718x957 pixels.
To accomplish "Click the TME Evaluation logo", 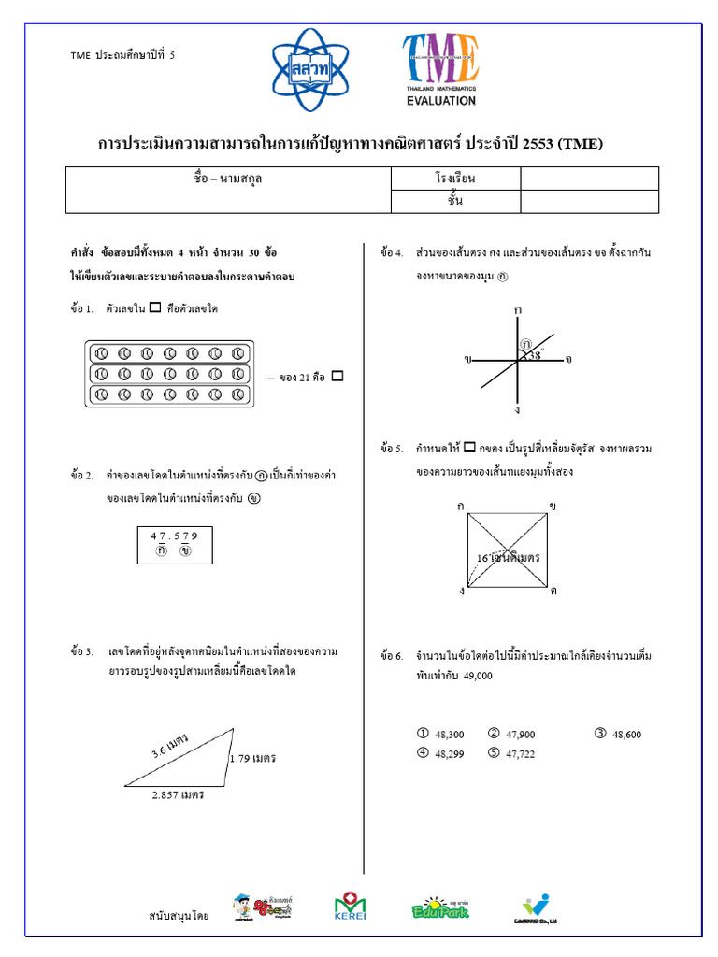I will pyautogui.click(x=440, y=69).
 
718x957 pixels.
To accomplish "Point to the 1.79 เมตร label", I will pyautogui.click(x=252, y=758).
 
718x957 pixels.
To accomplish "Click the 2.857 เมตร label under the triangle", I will pyautogui.click(x=178, y=794).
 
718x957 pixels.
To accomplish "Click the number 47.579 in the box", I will pyautogui.click(x=174, y=536).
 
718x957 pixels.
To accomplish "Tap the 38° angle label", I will pyautogui.click(x=534, y=355).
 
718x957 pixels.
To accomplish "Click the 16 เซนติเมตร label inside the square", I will pyautogui.click(x=509, y=557).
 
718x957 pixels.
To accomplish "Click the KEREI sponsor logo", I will pyautogui.click(x=351, y=907).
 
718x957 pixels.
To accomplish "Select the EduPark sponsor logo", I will pyautogui.click(x=439, y=907).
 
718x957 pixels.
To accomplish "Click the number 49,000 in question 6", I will pyautogui.click(x=477, y=676).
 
